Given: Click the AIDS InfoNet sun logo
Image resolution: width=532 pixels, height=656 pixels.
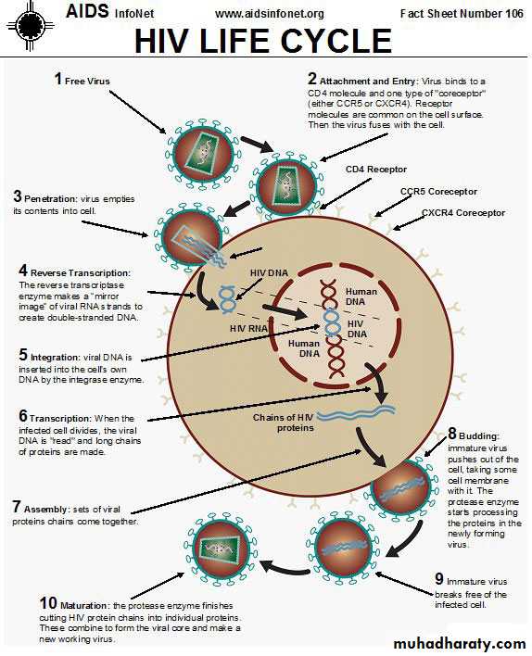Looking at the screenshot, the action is tap(30, 26).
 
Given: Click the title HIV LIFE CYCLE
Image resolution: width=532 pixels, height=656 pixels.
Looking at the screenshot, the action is tap(263, 41).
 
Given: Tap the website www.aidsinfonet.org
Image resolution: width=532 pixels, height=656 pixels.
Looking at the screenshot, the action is tap(270, 14).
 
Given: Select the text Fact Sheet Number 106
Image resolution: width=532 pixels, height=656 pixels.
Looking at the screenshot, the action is tap(462, 13).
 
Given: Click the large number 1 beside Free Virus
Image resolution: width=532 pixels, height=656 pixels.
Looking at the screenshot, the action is tap(58, 79).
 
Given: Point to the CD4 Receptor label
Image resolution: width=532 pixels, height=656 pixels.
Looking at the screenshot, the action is tap(376, 169).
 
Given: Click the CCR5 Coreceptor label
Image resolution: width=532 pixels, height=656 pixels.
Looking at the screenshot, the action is tap(438, 191).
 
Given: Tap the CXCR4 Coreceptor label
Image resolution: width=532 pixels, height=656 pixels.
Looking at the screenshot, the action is tap(463, 212).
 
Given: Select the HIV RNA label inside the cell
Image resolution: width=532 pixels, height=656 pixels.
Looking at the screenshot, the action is tap(248, 328).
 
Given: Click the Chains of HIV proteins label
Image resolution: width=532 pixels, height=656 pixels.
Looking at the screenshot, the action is tap(284, 423).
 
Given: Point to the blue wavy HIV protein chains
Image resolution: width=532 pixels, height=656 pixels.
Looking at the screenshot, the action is tap(356, 412).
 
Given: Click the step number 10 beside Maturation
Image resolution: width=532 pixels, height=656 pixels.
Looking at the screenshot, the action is tap(48, 603).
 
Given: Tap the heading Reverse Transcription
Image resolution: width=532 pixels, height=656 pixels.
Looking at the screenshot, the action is tap(81, 272).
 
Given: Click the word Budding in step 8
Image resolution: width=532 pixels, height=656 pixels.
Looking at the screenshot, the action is tap(479, 435).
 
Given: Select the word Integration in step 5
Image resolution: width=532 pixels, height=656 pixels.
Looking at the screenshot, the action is tap(56, 358).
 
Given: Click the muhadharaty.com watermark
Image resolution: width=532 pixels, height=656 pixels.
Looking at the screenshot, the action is tap(460, 643).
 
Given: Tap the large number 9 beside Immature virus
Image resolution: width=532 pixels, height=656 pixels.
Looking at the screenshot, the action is tap(439, 578).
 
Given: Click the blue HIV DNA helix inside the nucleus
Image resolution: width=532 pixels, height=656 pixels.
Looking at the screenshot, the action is tap(332, 322).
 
